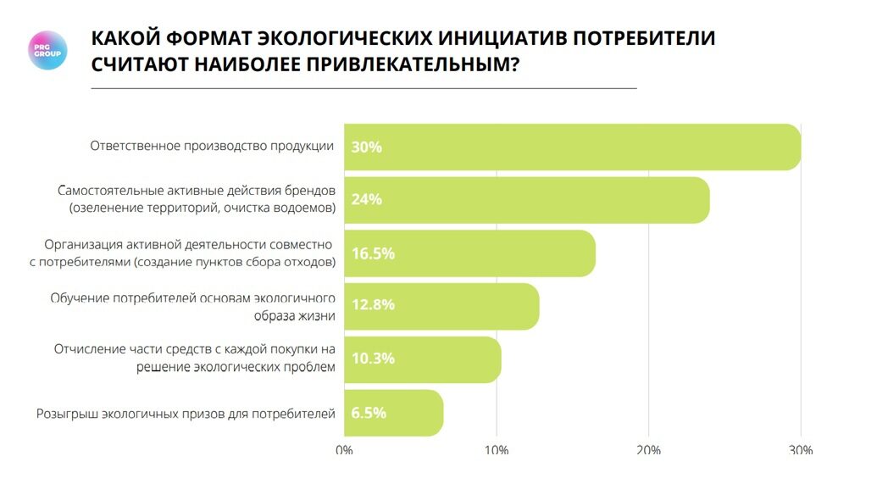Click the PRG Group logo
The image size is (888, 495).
tap(47, 50)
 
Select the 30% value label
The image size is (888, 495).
tap(367, 147)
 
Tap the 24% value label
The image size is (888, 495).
tap(367, 200)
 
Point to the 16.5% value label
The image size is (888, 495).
tap(373, 253)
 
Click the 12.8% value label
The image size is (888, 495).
tap(373, 305)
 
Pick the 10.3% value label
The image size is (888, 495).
tap(373, 359)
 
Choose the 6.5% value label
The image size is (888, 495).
tap(369, 413)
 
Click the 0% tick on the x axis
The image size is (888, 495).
tap(344, 450)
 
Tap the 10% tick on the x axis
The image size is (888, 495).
tap(496, 450)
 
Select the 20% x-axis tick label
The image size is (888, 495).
tap(648, 450)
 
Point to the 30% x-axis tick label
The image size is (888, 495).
tap(800, 450)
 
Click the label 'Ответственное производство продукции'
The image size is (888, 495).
tap(212, 146)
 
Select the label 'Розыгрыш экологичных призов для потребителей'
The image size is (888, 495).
tap(186, 414)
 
